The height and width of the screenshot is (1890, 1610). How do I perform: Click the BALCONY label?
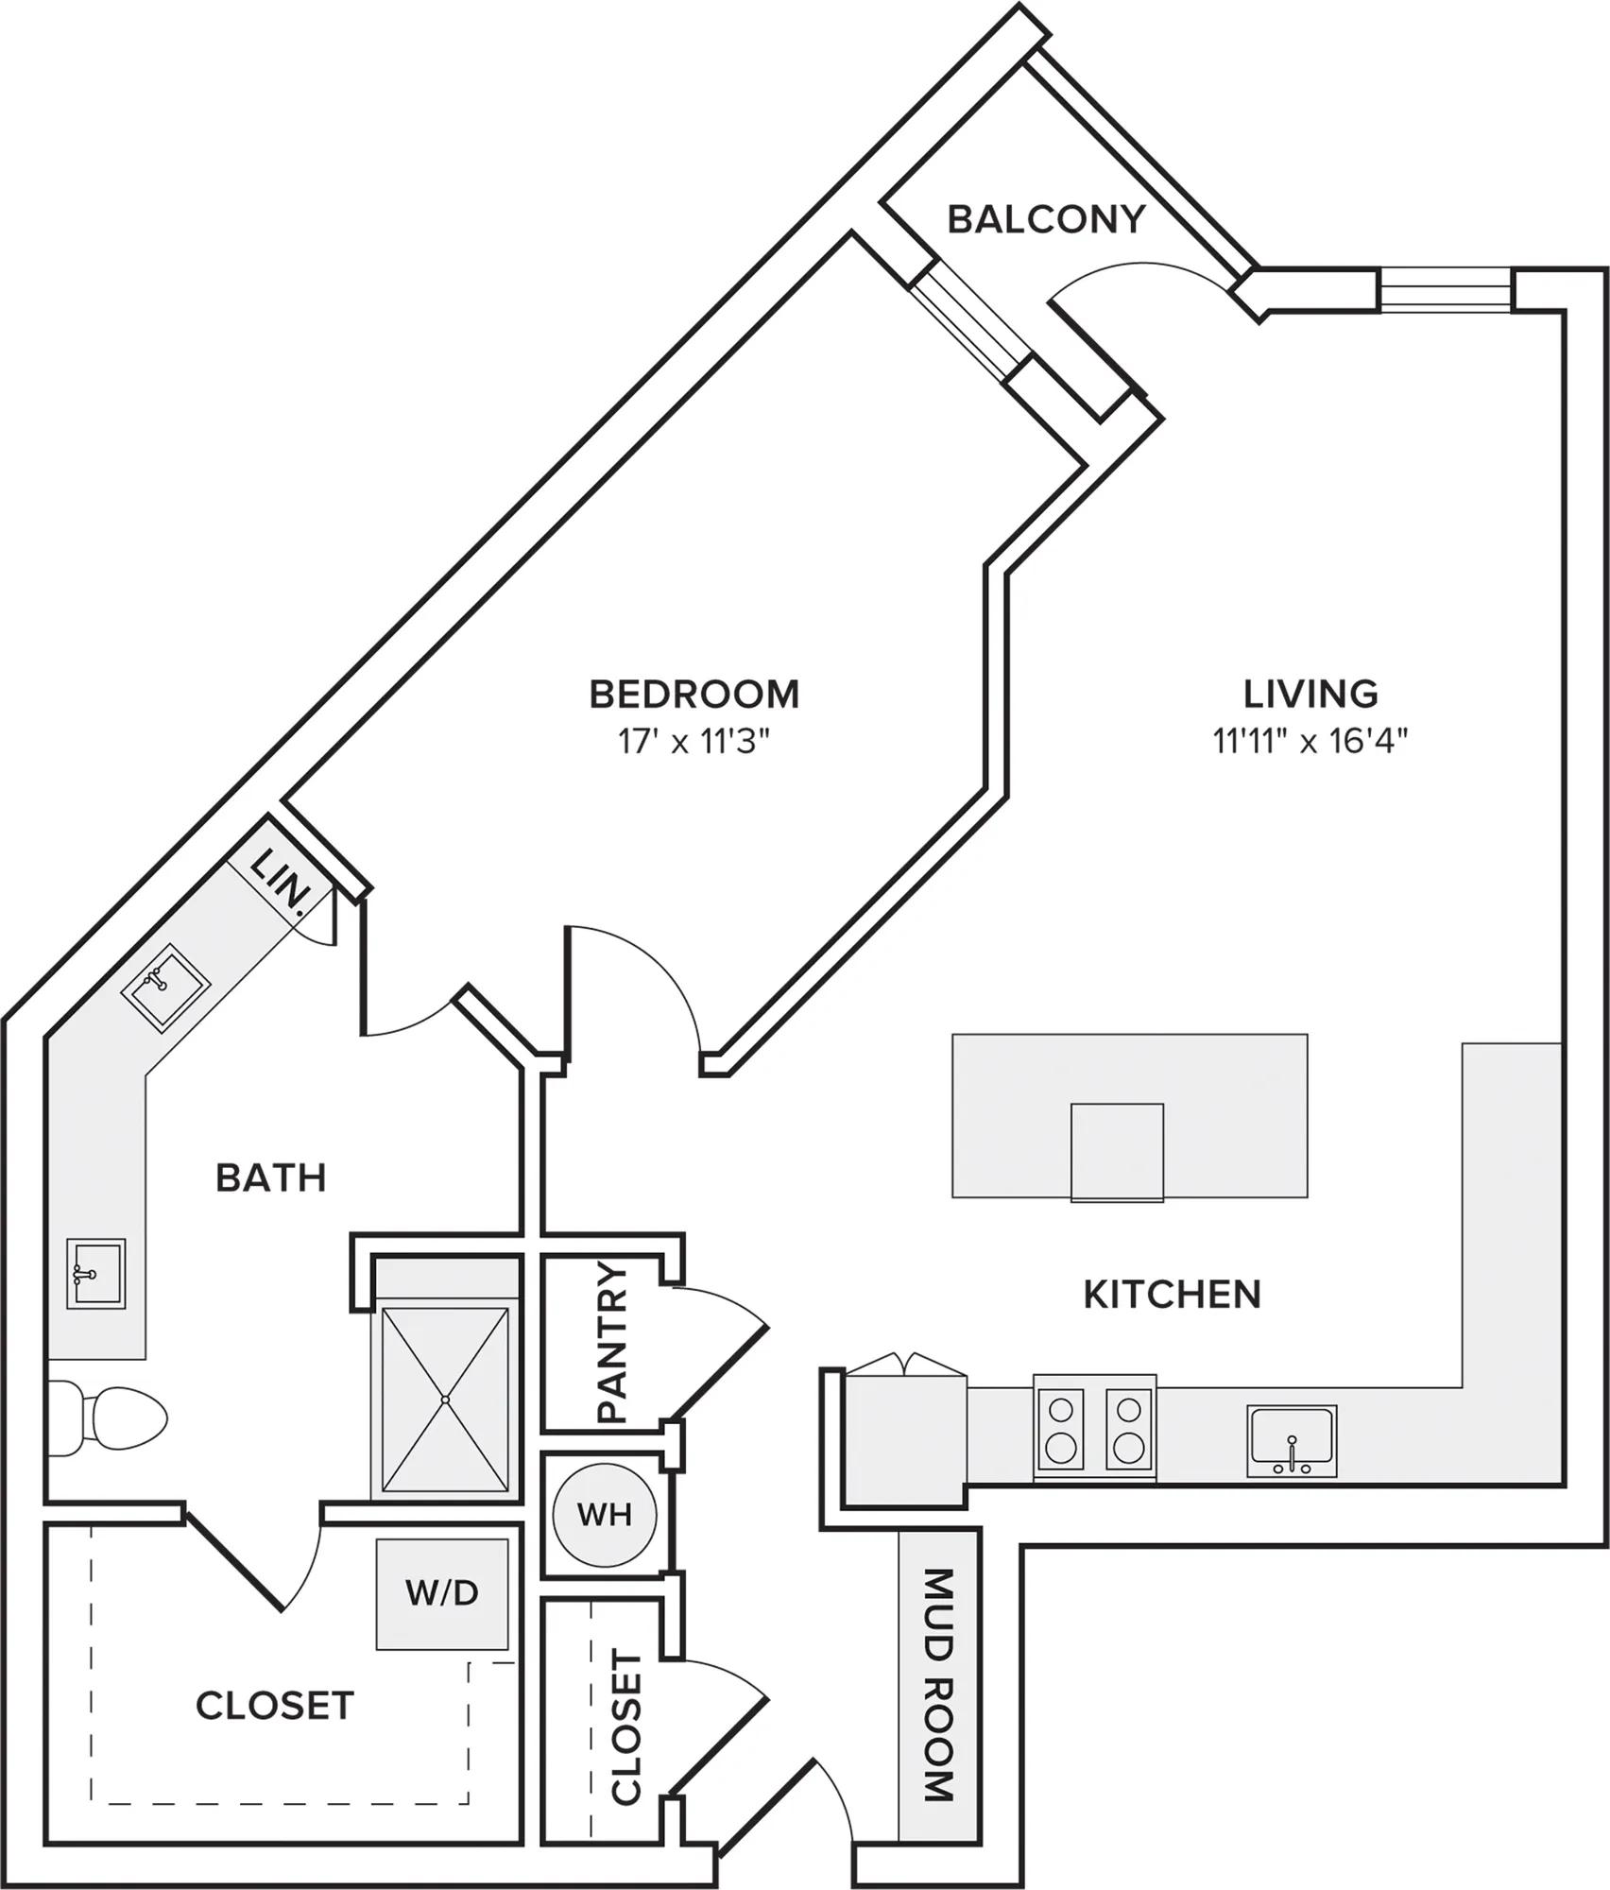[x=1046, y=219]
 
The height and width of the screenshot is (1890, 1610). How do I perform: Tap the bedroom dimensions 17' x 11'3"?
[x=694, y=742]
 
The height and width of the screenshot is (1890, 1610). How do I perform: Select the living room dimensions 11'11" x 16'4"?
[x=1310, y=742]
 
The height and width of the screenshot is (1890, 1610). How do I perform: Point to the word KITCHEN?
[x=1172, y=1295]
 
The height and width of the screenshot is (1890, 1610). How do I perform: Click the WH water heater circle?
[x=604, y=1515]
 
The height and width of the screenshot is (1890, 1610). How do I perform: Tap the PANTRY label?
[x=613, y=1343]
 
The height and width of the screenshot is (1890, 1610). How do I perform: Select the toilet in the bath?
[x=107, y=1419]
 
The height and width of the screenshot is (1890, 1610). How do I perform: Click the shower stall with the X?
[x=445, y=1398]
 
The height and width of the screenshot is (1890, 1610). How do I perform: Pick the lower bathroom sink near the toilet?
[x=95, y=1274]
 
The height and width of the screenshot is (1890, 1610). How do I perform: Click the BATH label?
[x=271, y=1178]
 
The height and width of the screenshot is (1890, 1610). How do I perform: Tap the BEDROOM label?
[x=694, y=695]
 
